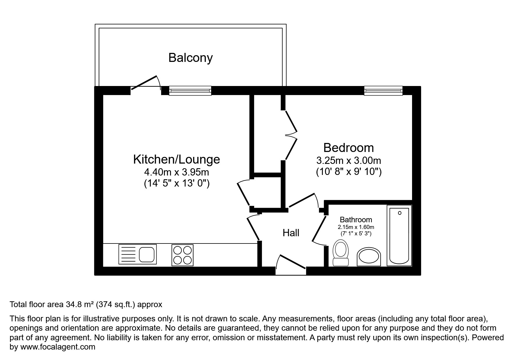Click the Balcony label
pos(190,58)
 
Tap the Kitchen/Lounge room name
pos(177,159)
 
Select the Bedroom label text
pos(348,148)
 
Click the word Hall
pos(291,233)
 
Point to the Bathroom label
pos(356,220)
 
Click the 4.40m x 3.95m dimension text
pos(177,172)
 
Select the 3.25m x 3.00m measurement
pos(348,160)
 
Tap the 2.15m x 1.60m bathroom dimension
pos(356,227)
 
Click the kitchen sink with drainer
pos(138,254)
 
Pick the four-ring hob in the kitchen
pos(183,255)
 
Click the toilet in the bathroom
pos(341,252)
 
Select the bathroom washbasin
pos(369,257)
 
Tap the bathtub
pos(399,235)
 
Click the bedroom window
pos(383,91)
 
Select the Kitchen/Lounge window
pos(190,91)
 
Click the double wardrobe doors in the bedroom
pos(291,135)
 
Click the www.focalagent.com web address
pos(58,347)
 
